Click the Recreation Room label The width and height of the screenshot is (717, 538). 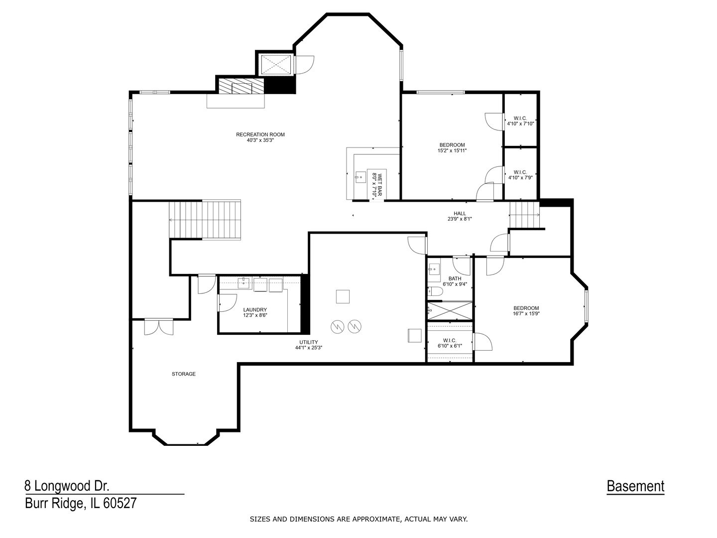260,134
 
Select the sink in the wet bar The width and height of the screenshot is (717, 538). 359,176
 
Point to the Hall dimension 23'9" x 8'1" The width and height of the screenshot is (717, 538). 459,219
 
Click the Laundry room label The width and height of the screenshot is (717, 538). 255,309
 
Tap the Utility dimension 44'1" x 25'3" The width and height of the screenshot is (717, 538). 308,348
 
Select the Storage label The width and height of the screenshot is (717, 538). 184,374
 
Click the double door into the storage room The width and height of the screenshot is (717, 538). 158,327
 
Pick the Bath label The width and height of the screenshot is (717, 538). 455,278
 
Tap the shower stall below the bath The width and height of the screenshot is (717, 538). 450,310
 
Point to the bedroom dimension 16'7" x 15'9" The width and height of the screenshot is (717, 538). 526,314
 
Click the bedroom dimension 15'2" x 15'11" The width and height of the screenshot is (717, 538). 452,150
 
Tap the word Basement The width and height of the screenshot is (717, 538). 635,486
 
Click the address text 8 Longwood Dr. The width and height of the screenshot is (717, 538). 67,486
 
